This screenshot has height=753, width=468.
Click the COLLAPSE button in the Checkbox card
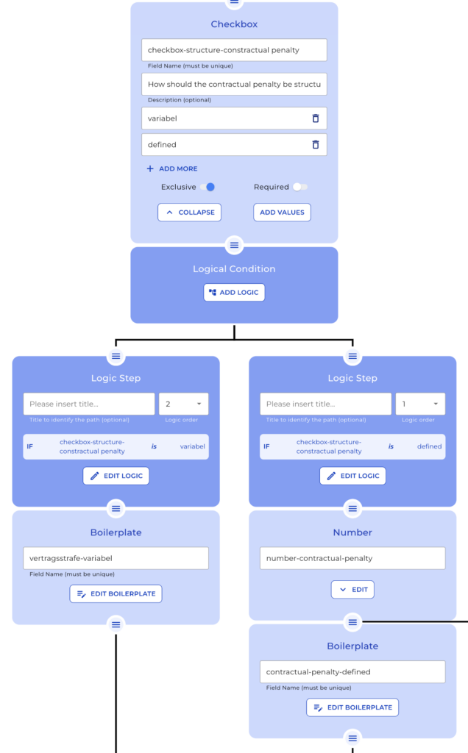tap(189, 213)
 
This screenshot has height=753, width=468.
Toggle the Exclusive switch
tap(208, 187)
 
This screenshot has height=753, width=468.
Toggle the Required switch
tap(299, 187)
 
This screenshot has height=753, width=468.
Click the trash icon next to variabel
tap(316, 118)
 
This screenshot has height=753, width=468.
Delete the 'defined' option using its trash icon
tap(316, 145)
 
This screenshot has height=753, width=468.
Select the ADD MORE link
tap(172, 169)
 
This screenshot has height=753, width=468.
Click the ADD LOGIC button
tap(234, 293)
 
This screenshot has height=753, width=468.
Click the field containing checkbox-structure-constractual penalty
tap(234, 50)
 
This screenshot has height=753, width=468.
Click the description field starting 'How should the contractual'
tap(234, 84)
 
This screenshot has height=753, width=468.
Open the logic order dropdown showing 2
tap(183, 404)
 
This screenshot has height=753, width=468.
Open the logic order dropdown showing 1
tap(420, 404)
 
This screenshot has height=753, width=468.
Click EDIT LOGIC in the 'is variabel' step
tap(116, 476)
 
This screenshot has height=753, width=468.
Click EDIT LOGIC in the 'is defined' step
tap(352, 476)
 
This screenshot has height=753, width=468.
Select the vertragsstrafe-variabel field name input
tap(116, 558)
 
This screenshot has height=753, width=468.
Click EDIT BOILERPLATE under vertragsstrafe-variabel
tap(116, 593)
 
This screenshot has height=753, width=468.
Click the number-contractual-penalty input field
tap(352, 558)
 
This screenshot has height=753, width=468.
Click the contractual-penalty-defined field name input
tap(352, 672)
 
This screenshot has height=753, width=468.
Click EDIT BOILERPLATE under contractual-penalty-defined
tap(352, 707)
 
